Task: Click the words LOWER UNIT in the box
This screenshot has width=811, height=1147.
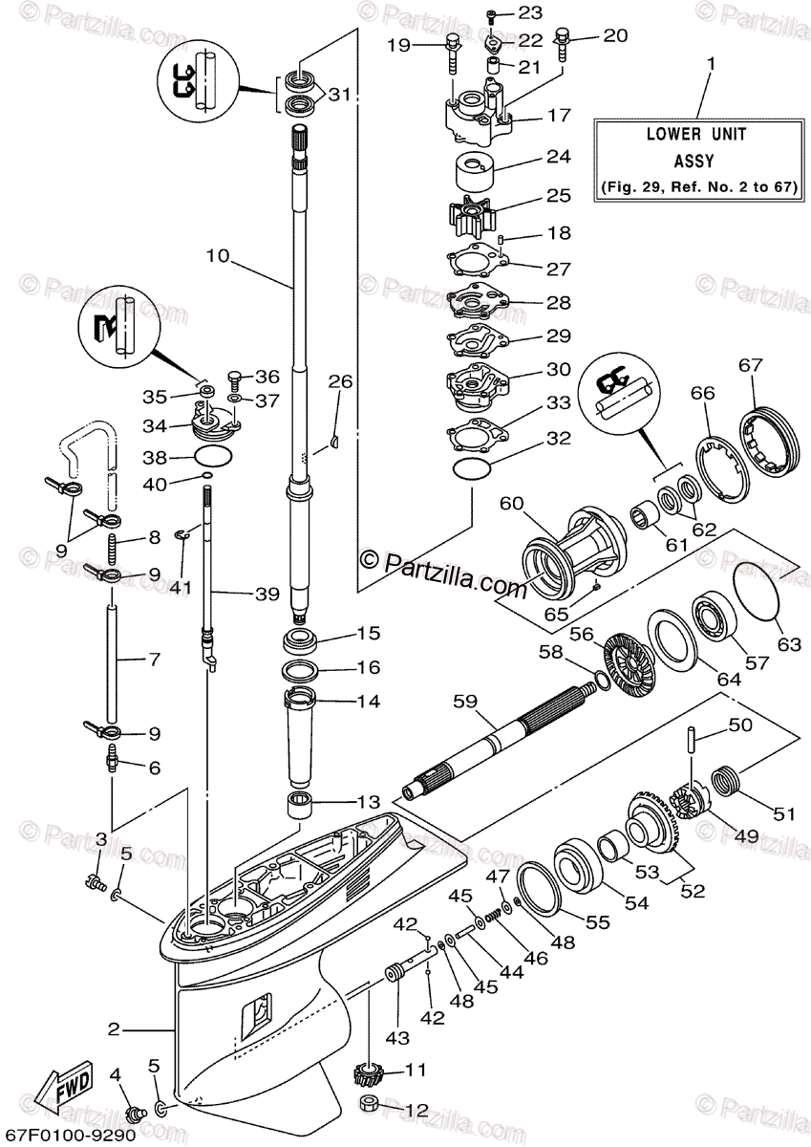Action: [x=695, y=135]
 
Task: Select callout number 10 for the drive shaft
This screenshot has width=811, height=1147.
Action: [x=218, y=256]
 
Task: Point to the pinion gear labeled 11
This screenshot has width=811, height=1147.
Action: [x=367, y=1074]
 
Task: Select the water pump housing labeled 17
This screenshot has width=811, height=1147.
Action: [x=478, y=115]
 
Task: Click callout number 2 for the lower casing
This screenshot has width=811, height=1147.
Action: [x=114, y=1029]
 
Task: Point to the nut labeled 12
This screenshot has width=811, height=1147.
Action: [x=370, y=1107]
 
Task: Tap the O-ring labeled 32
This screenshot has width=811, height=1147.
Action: [x=471, y=468]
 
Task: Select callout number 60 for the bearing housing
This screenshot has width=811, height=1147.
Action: [x=512, y=502]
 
